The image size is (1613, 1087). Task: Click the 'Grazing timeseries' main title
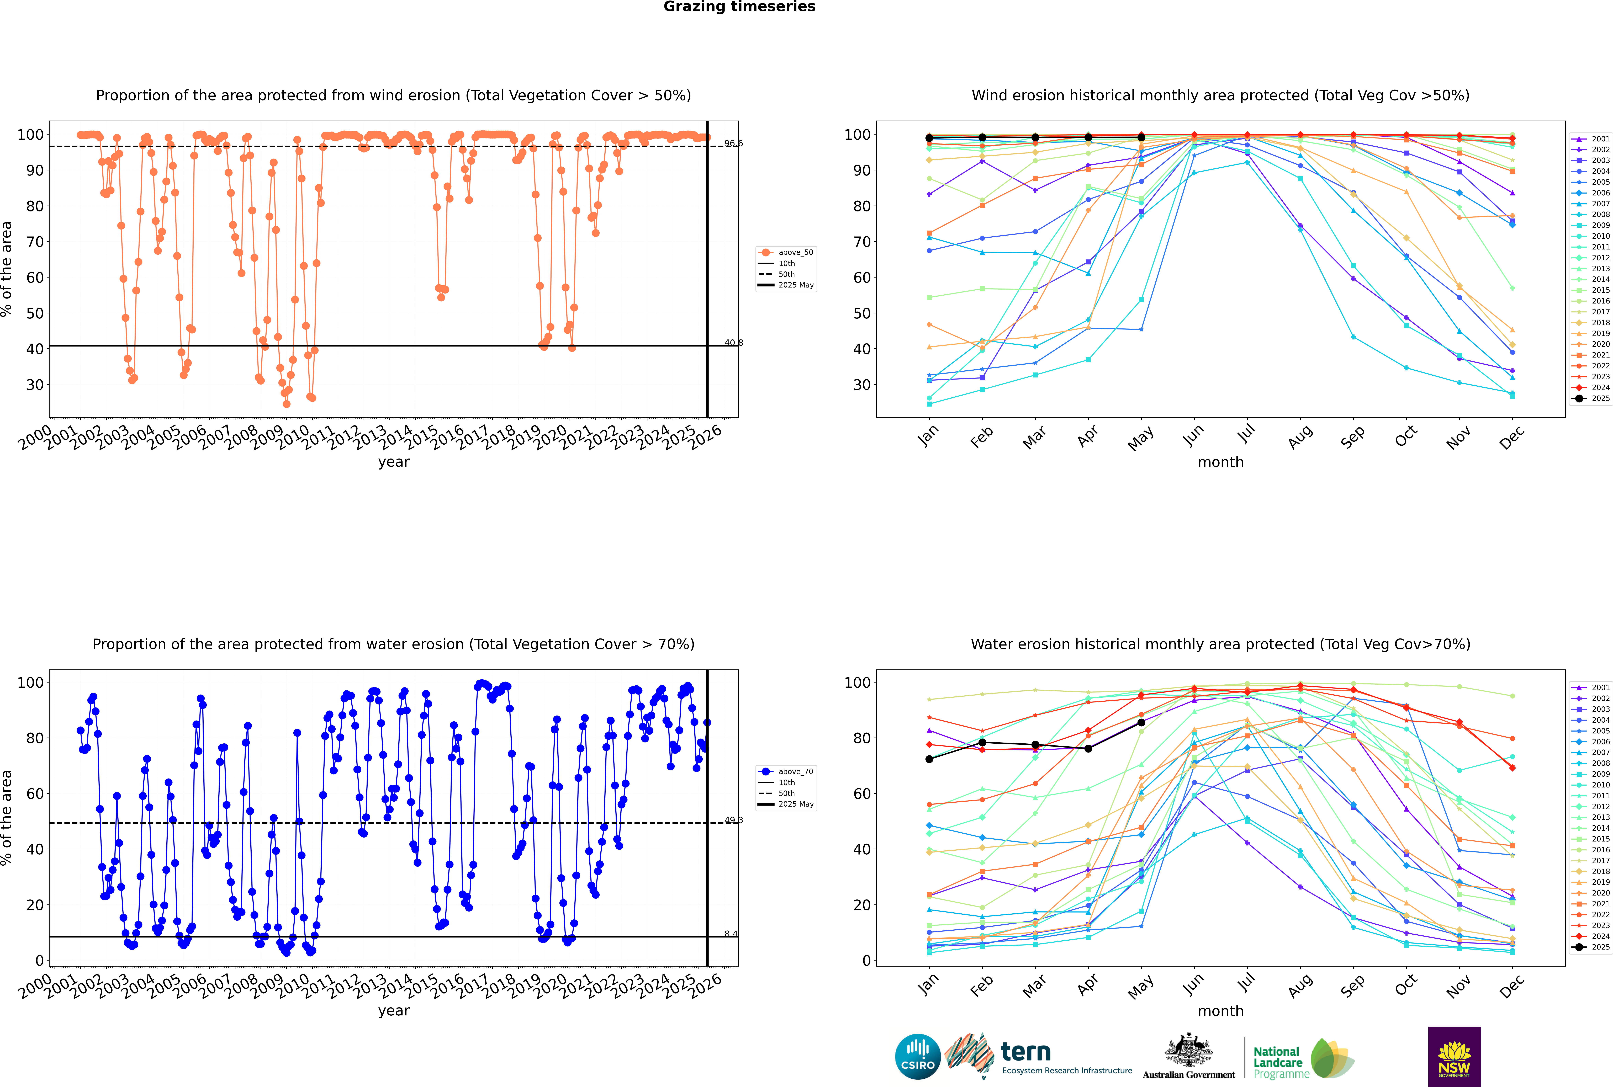pyautogui.click(x=739, y=7)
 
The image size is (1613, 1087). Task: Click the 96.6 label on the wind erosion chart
pyautogui.click(x=733, y=143)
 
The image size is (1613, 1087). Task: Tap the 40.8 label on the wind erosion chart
pyautogui.click(x=733, y=342)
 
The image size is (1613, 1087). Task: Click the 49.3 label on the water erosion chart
pyautogui.click(x=733, y=820)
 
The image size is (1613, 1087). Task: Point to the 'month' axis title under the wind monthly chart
pyautogui.click(x=1220, y=462)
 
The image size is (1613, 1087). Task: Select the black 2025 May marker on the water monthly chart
pyautogui.click(x=1141, y=722)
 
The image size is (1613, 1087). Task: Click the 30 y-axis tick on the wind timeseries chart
pyautogui.click(x=35, y=385)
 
